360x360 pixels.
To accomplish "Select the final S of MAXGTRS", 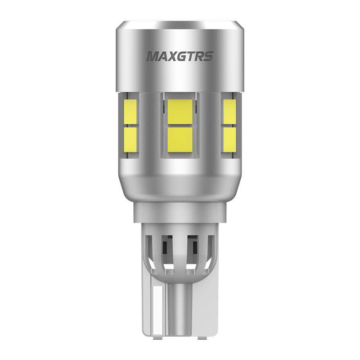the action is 208,57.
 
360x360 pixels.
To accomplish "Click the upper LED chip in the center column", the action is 180,112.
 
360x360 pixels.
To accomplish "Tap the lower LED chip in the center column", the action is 180,139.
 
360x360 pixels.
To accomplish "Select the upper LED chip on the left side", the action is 130,112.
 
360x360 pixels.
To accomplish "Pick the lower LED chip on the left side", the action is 130,139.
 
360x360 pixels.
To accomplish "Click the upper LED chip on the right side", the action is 229,112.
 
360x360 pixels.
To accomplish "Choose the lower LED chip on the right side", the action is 229,139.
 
